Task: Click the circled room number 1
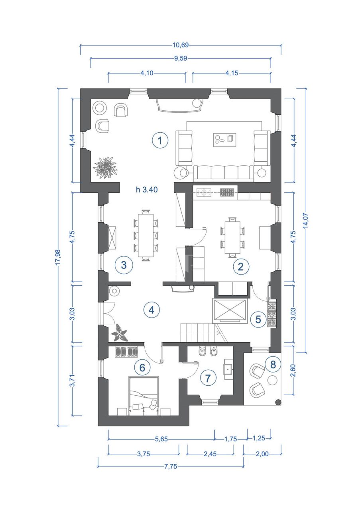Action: click(160, 140)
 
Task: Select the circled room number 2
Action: click(240, 266)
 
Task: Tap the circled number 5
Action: click(258, 319)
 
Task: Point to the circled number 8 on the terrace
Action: click(273, 364)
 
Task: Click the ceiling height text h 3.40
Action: click(147, 190)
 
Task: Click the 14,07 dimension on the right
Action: click(306, 220)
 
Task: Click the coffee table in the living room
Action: click(224, 139)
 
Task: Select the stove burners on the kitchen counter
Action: click(227, 192)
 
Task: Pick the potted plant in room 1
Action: click(106, 167)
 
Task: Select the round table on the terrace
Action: click(272, 380)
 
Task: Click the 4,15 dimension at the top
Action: click(232, 73)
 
